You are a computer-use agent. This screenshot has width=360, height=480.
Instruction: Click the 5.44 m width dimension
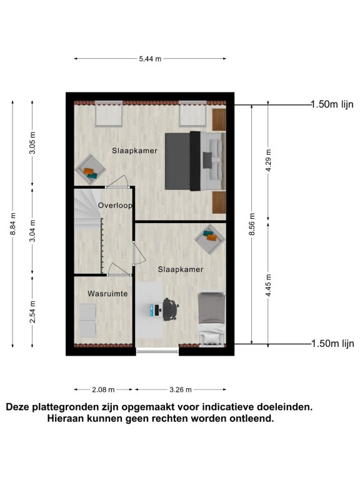150,59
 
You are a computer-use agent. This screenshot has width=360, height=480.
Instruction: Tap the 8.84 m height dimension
13,224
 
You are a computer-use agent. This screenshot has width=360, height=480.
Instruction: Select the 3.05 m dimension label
32,143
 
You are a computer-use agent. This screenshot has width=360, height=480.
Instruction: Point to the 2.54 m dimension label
32,312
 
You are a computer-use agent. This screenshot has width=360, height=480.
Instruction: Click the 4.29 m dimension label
269,161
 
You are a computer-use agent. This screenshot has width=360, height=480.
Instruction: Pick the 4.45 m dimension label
269,285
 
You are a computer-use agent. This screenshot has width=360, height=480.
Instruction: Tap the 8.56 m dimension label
252,224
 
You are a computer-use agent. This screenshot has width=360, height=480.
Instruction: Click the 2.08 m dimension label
103,390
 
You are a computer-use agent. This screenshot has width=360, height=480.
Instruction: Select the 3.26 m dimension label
181,390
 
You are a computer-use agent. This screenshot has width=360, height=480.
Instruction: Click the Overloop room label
115,206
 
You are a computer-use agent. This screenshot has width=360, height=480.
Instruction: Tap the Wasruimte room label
107,294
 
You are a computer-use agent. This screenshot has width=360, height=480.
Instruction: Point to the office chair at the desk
171,310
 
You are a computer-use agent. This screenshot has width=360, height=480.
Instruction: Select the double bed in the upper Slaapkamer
195,161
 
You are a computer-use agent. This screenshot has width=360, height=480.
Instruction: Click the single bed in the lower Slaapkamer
211,319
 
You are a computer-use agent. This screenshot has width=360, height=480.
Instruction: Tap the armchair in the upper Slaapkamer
90,169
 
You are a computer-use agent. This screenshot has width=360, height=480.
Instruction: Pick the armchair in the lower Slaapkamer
210,239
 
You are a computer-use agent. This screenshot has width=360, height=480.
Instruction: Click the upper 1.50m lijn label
332,104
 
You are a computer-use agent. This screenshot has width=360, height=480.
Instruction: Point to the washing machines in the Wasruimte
88,320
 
